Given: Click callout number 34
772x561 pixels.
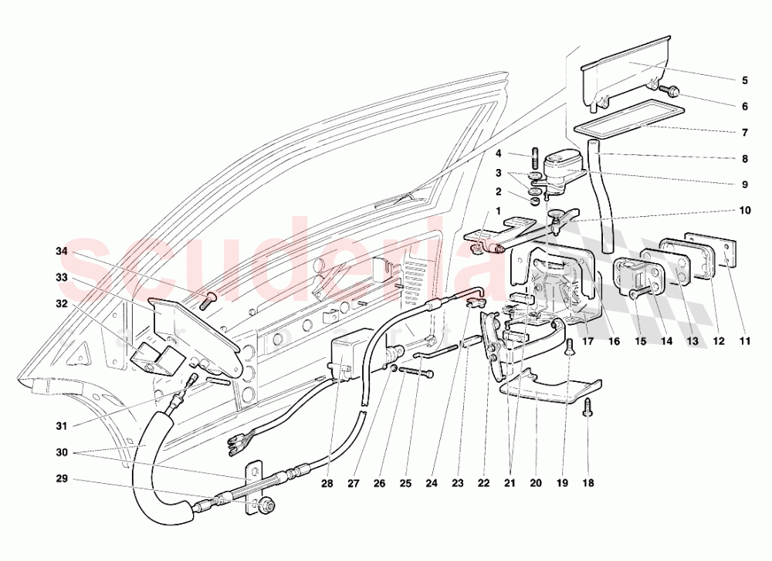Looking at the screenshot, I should (x=62, y=252).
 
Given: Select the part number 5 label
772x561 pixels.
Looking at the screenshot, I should (x=745, y=80).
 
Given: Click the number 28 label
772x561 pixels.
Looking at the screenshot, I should (x=327, y=485).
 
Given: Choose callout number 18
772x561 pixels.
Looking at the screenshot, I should (x=588, y=485).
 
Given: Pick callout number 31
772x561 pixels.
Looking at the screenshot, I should (x=62, y=426).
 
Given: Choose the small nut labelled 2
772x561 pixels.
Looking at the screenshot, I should (x=534, y=202).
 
